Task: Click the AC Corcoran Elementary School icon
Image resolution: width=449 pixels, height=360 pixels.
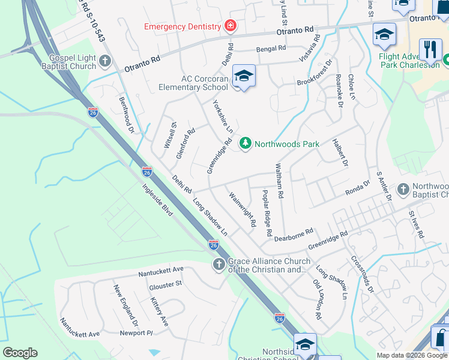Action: click(244, 76)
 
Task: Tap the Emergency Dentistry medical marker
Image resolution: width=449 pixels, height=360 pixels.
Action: click(229, 26)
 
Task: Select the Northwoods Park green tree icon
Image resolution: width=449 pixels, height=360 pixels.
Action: click(245, 143)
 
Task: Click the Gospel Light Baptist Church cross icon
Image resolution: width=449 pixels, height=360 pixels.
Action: click(105, 61)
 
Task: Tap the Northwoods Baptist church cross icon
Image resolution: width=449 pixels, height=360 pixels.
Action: click(403, 190)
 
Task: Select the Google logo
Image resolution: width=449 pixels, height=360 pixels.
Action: click(20, 352)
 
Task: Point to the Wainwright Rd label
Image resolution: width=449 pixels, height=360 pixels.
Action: click(243, 209)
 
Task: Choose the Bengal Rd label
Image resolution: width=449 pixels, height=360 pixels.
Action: click(270, 49)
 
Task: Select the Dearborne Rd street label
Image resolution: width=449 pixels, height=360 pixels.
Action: click(294, 235)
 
